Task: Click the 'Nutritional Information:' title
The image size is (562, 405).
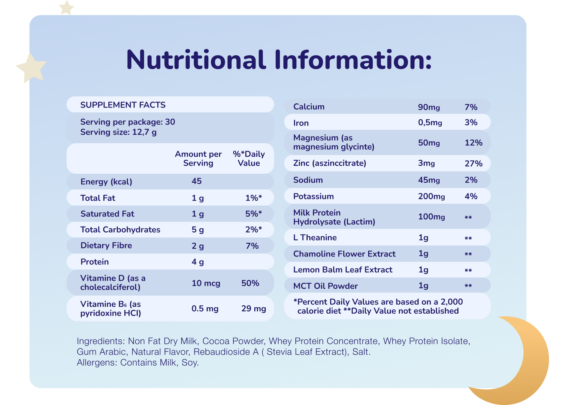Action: (279, 60)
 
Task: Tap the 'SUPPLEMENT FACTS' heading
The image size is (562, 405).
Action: (123, 105)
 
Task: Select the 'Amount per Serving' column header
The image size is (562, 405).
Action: (198, 158)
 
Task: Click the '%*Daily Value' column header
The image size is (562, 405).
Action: (249, 158)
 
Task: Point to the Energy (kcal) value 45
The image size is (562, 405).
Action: (197, 181)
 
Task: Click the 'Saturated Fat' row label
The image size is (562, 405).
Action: (107, 214)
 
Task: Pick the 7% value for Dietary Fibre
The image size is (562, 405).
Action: (252, 246)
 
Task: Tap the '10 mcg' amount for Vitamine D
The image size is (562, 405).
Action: (206, 283)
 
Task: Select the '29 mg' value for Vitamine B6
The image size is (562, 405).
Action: (254, 309)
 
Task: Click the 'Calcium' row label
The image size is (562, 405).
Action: (309, 107)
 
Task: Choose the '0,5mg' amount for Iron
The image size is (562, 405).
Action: (430, 122)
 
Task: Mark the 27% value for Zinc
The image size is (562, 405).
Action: (474, 164)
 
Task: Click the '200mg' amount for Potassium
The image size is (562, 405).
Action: (432, 197)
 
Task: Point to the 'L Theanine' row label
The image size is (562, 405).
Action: (315, 238)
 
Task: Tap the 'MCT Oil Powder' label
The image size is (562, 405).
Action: (325, 286)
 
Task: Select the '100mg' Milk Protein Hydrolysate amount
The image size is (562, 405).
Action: (432, 217)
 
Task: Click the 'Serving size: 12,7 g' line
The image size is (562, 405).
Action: (118, 132)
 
